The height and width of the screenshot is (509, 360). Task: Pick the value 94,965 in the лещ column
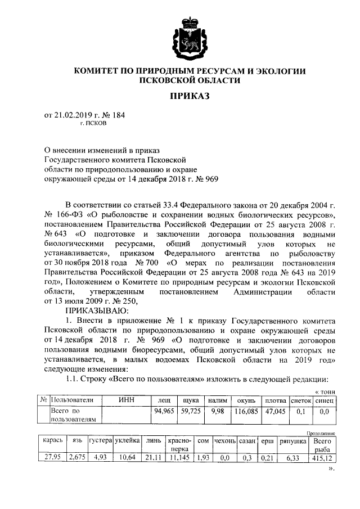[164, 412]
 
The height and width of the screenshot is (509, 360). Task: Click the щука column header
[190, 400]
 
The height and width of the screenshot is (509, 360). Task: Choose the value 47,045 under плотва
[275, 412]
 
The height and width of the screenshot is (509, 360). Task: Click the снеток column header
[300, 400]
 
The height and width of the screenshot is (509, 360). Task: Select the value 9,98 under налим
[217, 412]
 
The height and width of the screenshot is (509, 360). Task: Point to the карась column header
[52, 442]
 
